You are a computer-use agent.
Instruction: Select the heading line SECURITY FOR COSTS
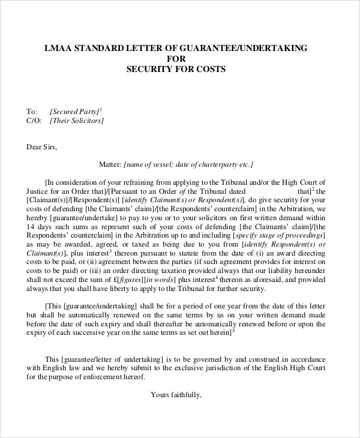pyautogui.click(x=175, y=69)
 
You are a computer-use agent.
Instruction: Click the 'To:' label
pyautogui.click(x=31, y=111)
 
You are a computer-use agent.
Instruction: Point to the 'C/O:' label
pyautogui.click(x=33, y=121)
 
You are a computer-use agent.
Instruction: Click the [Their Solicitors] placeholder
pyautogui.click(x=77, y=121)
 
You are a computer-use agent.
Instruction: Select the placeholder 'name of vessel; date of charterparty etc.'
pyautogui.click(x=188, y=164)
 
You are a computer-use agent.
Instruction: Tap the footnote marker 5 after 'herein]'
pyautogui.click(x=233, y=328)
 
